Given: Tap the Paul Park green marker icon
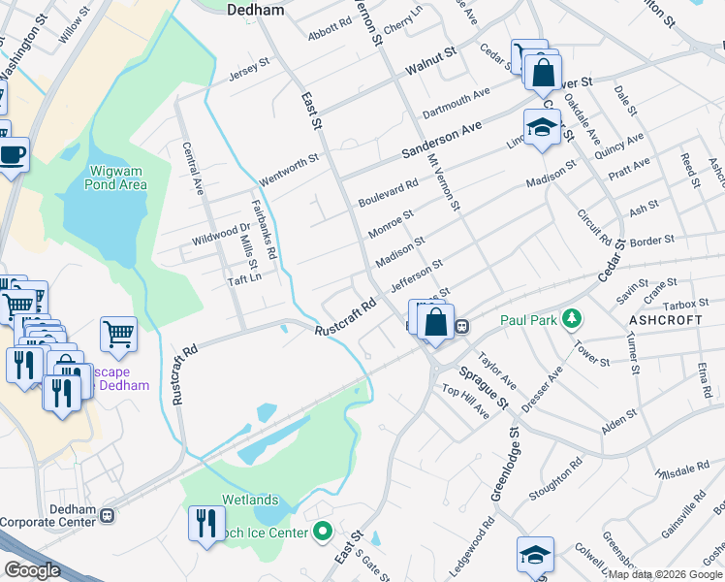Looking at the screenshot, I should [573, 318].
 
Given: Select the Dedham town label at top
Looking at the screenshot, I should [254, 11].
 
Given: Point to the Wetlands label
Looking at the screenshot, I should [251, 500].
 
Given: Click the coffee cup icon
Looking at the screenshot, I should [13, 153].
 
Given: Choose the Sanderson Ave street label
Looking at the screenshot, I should [442, 142].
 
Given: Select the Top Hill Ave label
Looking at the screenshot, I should [465, 402].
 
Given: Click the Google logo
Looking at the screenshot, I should [32, 570].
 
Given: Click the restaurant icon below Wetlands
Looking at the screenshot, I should [205, 524].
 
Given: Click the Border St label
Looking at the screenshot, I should [651, 239].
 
